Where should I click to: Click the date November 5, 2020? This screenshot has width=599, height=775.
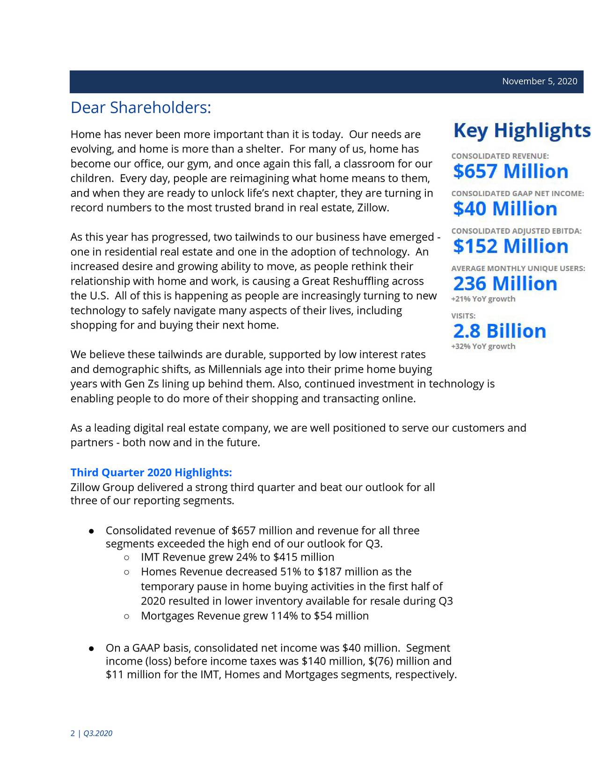click(539, 81)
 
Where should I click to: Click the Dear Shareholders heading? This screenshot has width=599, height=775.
click(141, 108)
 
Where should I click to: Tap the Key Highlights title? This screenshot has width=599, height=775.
click(521, 131)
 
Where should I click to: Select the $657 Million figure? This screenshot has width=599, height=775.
click(510, 172)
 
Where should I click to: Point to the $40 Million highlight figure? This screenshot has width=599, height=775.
click(505, 209)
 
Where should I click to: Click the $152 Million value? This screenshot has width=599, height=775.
click(510, 246)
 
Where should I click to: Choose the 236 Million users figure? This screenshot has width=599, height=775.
click(505, 284)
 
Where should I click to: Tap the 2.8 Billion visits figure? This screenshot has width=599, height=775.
click(499, 331)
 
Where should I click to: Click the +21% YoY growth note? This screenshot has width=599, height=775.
click(483, 299)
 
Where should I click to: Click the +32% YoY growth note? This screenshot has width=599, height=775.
click(483, 346)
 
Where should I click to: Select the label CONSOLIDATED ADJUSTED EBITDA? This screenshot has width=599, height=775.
click(516, 231)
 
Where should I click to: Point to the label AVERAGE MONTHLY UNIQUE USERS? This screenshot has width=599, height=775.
click(518, 269)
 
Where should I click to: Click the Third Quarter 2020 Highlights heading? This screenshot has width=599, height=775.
click(151, 472)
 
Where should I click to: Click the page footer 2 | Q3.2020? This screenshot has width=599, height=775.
click(91, 733)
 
